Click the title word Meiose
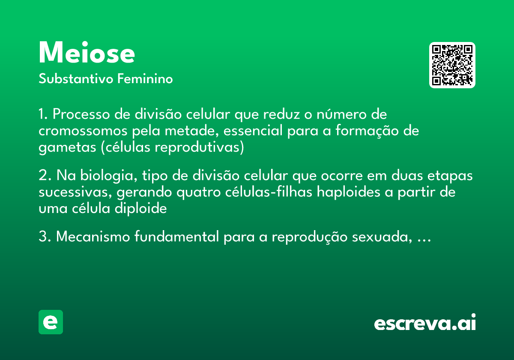pyautogui.click(x=87, y=53)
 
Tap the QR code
pyautogui.click(x=452, y=65)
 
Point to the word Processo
pyautogui.click(x=80, y=115)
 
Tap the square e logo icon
pyautogui.click(x=51, y=322)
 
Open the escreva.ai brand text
pyautogui.click(x=425, y=323)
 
